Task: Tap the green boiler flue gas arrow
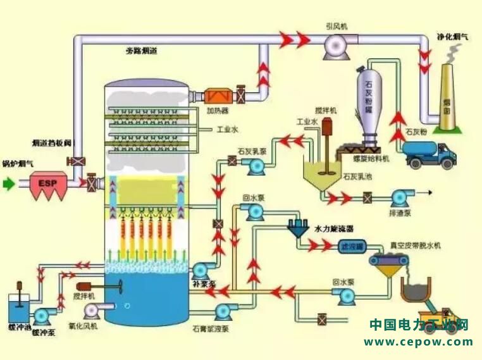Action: coord(8,184)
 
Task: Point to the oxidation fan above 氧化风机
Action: coord(92,309)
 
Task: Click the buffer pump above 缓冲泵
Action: coord(44,315)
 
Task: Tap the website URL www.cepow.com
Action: coord(418,342)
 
